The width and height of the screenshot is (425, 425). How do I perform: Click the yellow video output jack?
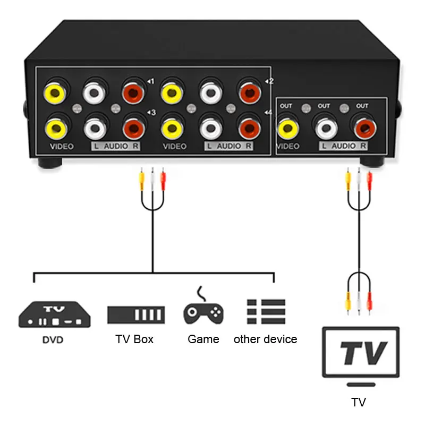click(287, 127)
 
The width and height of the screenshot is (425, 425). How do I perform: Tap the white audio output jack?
click(325, 127)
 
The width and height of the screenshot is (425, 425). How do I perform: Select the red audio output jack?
click(363, 127)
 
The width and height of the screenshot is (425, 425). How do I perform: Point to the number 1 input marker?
click(150, 81)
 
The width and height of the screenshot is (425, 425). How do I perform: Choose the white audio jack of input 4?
click(210, 127)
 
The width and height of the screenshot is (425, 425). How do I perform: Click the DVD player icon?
click(54, 314)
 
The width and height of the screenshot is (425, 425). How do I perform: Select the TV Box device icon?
click(136, 314)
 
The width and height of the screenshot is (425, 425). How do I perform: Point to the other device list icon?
click(266, 311)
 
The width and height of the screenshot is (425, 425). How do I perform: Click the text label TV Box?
click(134, 339)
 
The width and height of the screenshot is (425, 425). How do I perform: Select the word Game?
click(203, 339)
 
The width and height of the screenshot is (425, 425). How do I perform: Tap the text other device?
click(266, 339)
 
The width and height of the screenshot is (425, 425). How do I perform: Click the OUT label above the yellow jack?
click(286, 106)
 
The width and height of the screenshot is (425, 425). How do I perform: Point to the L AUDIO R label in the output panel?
click(343, 146)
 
